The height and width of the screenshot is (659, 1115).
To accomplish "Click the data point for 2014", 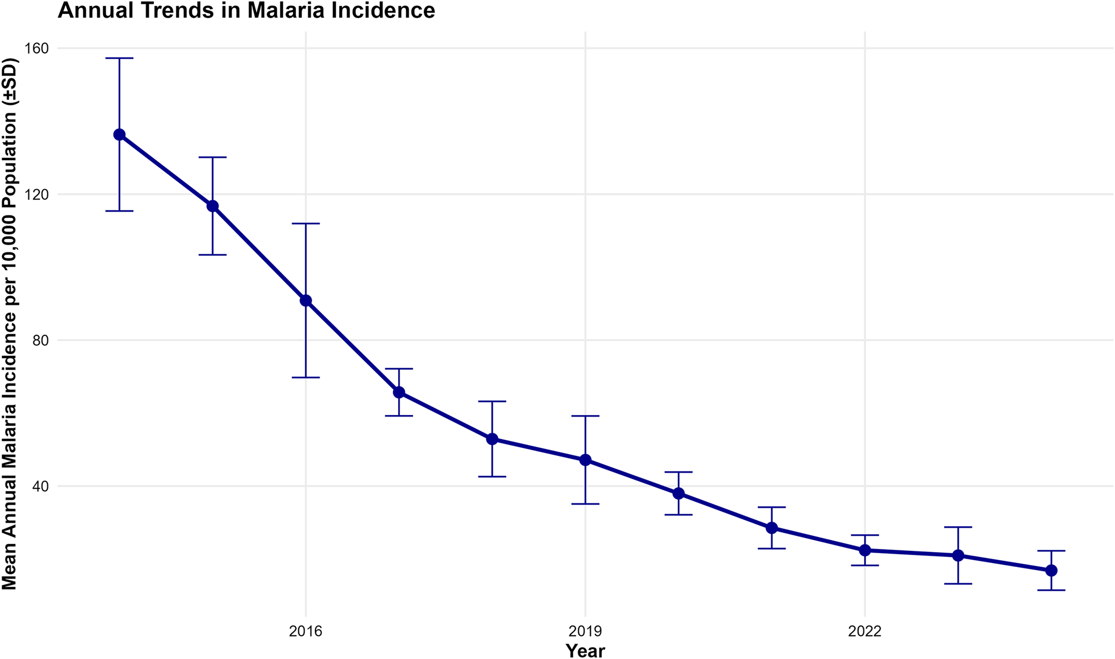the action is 119,134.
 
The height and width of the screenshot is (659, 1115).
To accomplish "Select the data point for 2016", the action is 306,300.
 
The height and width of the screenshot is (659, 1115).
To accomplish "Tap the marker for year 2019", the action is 585,460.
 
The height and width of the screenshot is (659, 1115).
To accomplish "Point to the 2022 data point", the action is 865,550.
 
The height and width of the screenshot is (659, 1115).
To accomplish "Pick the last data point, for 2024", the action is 1051,570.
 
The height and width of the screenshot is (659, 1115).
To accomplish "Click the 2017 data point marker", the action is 399,392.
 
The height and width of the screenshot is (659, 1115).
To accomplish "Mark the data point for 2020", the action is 679,493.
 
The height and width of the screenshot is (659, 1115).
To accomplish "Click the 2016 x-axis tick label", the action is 306,631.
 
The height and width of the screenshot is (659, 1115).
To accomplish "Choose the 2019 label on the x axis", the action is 585,631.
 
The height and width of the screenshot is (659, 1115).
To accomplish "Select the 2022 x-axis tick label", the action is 865,631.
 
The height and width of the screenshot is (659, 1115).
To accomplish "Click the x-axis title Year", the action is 585,651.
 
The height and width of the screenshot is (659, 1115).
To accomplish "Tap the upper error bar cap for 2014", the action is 119,58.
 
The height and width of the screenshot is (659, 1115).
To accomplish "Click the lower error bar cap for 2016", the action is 306,377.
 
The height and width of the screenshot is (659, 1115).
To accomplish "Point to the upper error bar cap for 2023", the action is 958,527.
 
